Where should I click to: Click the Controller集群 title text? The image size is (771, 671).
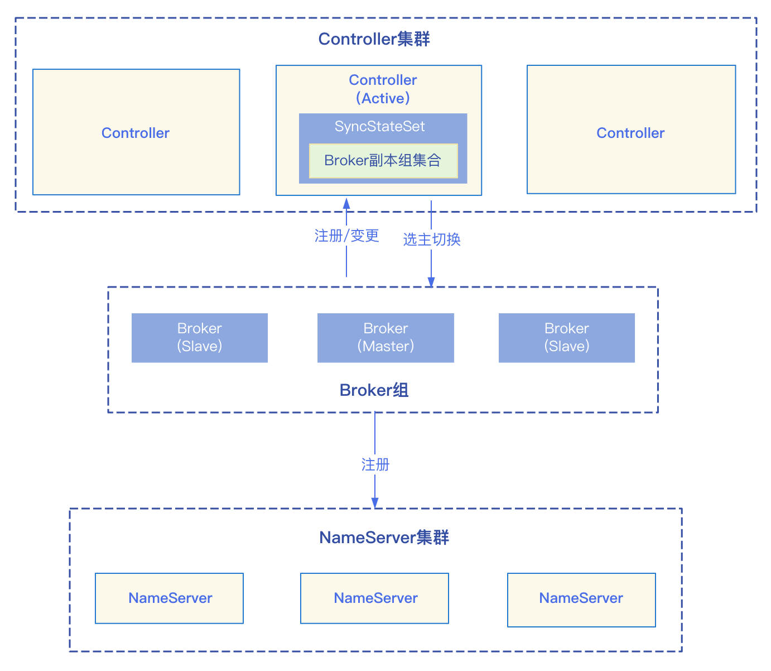pyautogui.click(x=374, y=39)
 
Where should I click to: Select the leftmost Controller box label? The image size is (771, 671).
pyautogui.click(x=136, y=133)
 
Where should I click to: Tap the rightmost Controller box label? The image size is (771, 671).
pyautogui.click(x=630, y=133)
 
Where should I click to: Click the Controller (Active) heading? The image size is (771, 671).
pyautogui.click(x=383, y=89)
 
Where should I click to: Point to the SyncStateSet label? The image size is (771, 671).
pyautogui.click(x=379, y=126)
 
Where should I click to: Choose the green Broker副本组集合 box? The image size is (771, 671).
pyautogui.click(x=383, y=161)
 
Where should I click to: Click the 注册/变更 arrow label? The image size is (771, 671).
pyautogui.click(x=346, y=236)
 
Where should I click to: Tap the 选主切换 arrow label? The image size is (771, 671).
pyautogui.click(x=431, y=239)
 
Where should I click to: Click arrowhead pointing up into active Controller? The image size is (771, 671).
pyautogui.click(x=346, y=203)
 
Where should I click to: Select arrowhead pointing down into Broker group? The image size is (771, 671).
pyautogui.click(x=431, y=282)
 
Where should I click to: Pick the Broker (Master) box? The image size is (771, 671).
pyautogui.click(x=385, y=338)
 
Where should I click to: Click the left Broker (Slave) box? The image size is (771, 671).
pyautogui.click(x=199, y=338)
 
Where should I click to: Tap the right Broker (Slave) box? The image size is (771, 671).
pyautogui.click(x=566, y=338)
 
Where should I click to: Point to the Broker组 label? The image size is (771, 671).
pyautogui.click(x=374, y=390)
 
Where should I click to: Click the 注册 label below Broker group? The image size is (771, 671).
pyautogui.click(x=375, y=464)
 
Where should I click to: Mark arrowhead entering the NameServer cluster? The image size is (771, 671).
pyautogui.click(x=375, y=503)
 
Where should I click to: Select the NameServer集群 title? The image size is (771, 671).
pyautogui.click(x=384, y=538)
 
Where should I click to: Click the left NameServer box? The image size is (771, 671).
pyautogui.click(x=170, y=598)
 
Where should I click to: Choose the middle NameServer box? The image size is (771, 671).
pyautogui.click(x=375, y=598)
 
